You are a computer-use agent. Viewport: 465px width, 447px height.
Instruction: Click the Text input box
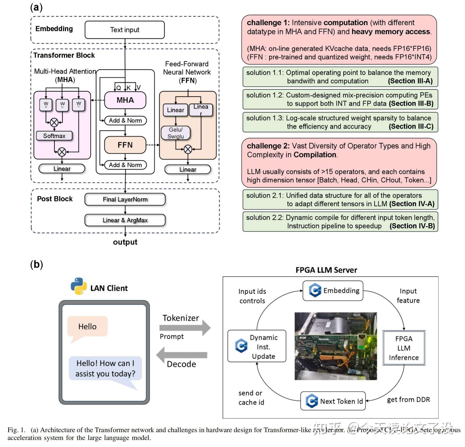(125, 30)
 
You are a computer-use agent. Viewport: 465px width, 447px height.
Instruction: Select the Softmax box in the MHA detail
(54, 136)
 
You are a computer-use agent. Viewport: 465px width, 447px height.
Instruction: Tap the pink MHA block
(125, 100)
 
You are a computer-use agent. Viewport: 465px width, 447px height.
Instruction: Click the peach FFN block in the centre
(125, 145)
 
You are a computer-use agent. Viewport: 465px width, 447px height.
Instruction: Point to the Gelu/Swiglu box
(176, 133)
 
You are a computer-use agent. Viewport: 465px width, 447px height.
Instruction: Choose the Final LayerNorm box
(125, 200)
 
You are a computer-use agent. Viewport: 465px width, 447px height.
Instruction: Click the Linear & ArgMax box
(125, 220)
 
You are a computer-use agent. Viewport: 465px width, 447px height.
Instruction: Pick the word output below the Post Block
(125, 242)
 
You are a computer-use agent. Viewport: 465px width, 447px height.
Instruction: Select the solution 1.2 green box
(340, 99)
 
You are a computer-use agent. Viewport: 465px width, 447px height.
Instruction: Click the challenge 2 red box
(339, 163)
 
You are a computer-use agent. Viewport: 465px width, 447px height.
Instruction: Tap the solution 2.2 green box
(340, 222)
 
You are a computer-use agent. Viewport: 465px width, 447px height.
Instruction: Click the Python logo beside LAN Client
(79, 286)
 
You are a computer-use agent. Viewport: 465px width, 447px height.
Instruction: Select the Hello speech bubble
(87, 327)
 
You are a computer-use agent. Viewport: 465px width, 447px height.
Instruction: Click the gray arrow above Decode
(182, 355)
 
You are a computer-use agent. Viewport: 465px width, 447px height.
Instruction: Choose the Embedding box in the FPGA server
(333, 291)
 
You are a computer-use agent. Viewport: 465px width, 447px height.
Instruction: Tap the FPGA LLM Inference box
(404, 348)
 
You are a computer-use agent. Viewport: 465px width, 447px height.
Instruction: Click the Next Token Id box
(333, 401)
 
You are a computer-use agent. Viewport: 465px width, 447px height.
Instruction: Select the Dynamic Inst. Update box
(257, 346)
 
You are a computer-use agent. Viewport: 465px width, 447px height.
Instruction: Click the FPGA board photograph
(336, 346)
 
